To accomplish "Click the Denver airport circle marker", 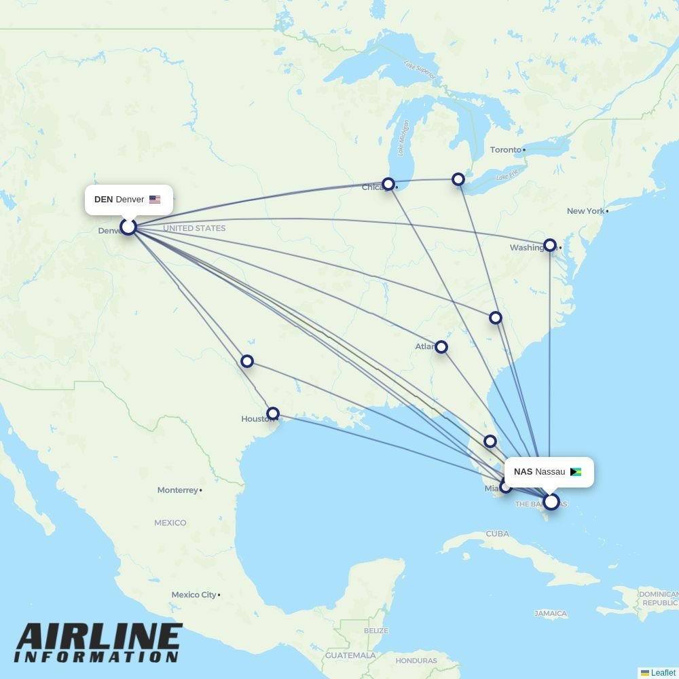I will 128,227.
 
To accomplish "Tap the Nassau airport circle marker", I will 551,502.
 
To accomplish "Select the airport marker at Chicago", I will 388,184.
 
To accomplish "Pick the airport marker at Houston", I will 273,414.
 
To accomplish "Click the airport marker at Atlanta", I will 441,347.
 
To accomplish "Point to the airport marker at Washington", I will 550,245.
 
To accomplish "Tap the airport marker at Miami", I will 506,486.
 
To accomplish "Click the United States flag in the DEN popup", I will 155,200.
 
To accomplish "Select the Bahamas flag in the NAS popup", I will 576,472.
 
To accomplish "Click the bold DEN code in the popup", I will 103,200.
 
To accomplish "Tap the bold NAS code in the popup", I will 523,472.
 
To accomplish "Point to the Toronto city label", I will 506,149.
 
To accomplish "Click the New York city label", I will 585,211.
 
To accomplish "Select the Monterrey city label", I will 178,490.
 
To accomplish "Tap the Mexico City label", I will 194,595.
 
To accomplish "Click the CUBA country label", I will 497,534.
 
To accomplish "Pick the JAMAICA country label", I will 551,614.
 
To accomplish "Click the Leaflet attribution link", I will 663,673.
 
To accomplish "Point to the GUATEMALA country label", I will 350,656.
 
